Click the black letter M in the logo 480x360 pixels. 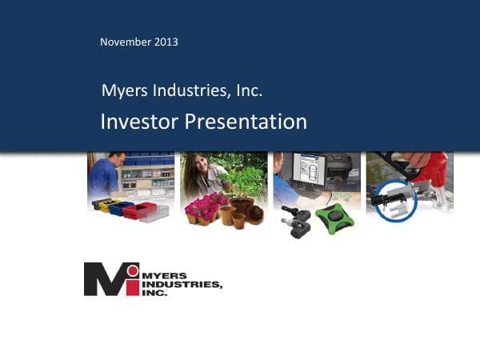coord(102,279)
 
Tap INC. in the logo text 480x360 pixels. coord(155,293)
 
